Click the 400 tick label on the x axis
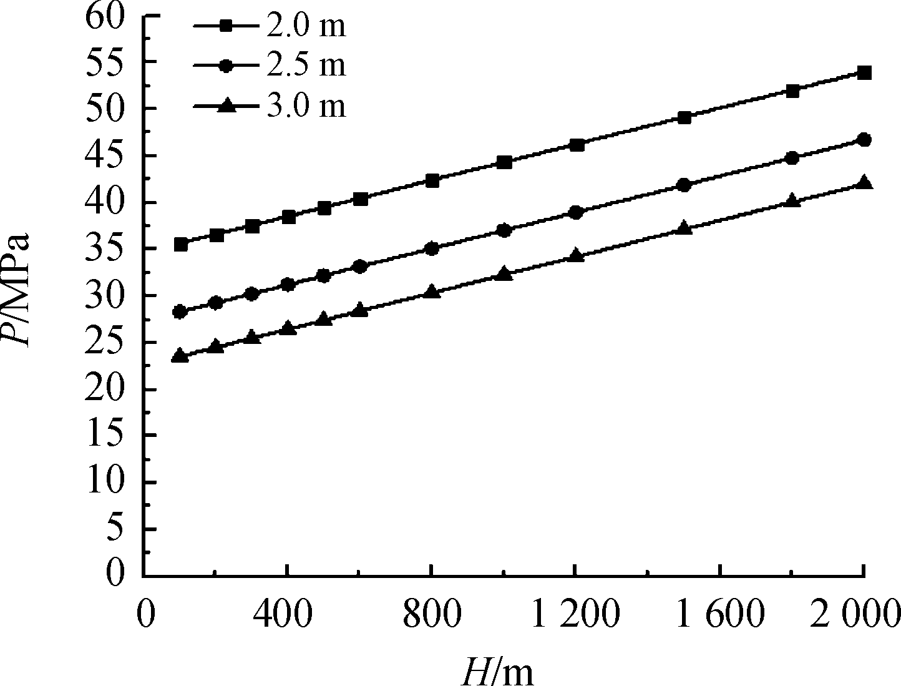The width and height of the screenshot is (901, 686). click(286, 615)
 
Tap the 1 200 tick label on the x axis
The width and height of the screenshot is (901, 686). click(575, 615)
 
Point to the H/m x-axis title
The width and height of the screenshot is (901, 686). click(497, 669)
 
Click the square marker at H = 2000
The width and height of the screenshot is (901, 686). click(864, 73)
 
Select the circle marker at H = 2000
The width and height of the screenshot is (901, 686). click(864, 140)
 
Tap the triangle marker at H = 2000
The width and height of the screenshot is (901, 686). click(864, 182)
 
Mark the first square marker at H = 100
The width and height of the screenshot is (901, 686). click(180, 244)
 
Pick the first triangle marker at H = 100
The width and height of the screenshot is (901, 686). click(180, 355)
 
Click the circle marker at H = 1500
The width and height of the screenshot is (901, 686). click(684, 185)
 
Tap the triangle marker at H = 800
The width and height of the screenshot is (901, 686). click(432, 291)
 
